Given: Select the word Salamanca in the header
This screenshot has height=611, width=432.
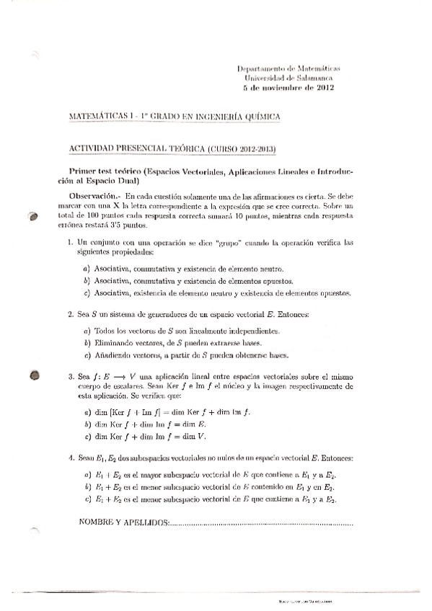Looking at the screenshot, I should (313, 77).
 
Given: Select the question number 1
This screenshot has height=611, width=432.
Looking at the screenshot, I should (69, 244).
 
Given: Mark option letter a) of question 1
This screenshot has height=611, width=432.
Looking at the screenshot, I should (87, 269).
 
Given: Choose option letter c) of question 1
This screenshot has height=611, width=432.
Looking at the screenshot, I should (87, 293).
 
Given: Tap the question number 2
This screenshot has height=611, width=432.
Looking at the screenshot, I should (69, 314).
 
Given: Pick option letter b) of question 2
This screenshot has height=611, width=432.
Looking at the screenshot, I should (87, 344).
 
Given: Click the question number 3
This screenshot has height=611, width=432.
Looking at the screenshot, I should (69, 376).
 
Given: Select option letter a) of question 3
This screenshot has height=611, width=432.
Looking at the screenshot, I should (87, 411).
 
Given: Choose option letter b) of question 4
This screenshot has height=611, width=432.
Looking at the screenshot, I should (87, 488).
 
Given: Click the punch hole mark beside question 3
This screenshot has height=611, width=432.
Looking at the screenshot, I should (34, 374).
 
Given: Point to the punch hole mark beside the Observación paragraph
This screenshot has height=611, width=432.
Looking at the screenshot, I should (32, 217).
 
